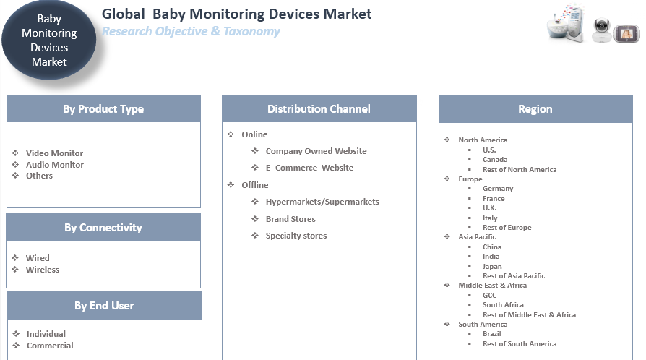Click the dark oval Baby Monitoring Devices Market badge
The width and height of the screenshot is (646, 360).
[49, 40]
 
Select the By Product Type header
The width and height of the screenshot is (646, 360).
[103, 109]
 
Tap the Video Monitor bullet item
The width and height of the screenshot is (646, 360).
[54, 153]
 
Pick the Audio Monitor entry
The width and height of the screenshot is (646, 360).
[54, 165]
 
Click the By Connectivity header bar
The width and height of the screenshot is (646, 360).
[103, 228]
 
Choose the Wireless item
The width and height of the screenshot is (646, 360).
[43, 270]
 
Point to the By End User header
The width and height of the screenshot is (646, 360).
[104, 306]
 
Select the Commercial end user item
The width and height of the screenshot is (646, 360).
[50, 346]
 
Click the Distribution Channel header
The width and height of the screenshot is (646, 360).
[319, 109]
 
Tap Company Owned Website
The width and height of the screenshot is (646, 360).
[316, 151]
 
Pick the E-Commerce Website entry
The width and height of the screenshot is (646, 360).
[309, 168]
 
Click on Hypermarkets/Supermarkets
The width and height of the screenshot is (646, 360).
[322, 202]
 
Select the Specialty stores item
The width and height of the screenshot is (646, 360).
[296, 236]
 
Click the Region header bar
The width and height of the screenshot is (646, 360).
[535, 109]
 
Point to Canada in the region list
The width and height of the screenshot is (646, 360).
[495, 160]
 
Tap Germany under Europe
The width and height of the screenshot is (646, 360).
[498, 189]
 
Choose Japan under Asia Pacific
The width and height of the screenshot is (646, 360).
[492, 267]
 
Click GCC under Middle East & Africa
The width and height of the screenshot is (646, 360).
[489, 295]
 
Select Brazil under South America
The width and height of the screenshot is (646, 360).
[491, 334]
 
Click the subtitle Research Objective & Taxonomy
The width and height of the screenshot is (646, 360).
[191, 31]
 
